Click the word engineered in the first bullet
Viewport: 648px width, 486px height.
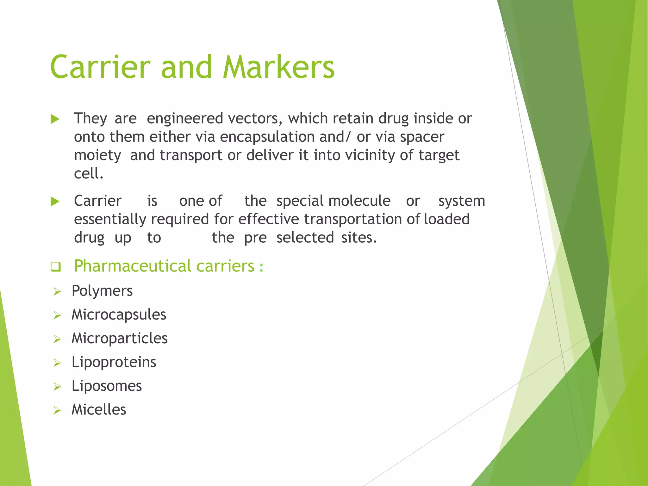point(185,119)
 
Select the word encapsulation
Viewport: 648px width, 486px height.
point(267,137)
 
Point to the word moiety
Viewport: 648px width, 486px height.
point(97,155)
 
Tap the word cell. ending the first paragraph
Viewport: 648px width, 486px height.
point(89,173)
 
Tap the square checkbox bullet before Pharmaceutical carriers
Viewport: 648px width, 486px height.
point(56,266)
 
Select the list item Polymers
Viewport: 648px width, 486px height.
point(102,291)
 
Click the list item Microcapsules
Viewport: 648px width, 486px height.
point(119,315)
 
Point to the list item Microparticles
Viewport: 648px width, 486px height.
point(119,338)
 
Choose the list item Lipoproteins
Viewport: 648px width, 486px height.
point(114,362)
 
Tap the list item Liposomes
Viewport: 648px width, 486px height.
point(107,386)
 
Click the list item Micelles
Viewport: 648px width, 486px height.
point(99,410)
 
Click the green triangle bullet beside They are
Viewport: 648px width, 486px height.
point(55,119)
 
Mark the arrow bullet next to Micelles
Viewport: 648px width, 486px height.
point(57,410)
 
